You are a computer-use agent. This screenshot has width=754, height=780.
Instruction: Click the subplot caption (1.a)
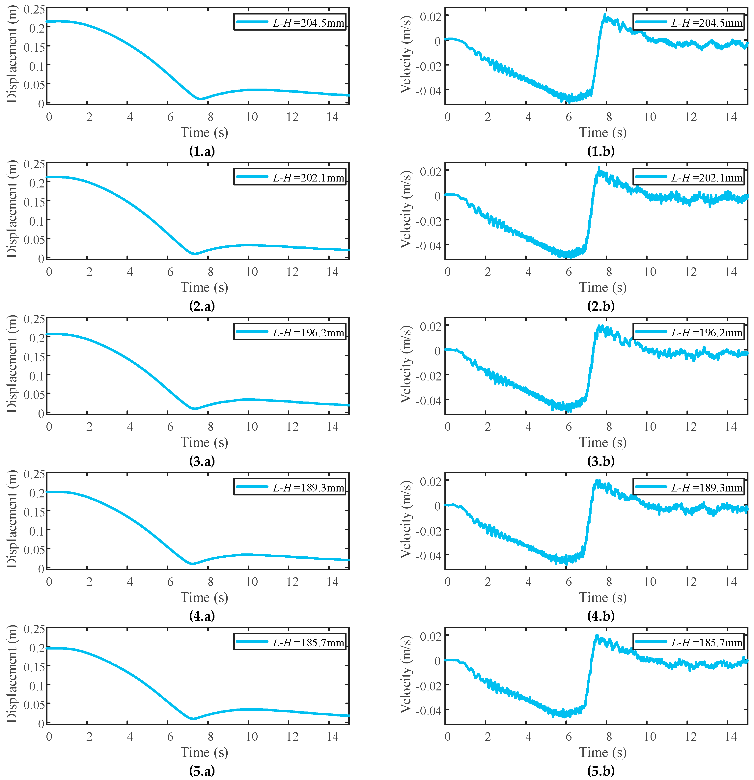(x=202, y=151)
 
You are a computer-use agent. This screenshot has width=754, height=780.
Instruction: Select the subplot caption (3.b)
(x=601, y=461)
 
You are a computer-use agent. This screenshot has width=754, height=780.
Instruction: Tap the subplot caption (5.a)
(x=202, y=771)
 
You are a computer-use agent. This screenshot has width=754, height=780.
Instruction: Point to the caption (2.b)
(x=601, y=306)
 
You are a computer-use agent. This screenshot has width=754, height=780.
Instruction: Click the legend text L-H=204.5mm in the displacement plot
(x=308, y=23)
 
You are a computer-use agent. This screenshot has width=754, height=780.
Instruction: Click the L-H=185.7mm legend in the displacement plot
(x=308, y=642)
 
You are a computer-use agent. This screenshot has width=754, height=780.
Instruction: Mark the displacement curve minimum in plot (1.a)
(x=200, y=98)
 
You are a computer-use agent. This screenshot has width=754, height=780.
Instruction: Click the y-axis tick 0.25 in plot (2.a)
(x=34, y=164)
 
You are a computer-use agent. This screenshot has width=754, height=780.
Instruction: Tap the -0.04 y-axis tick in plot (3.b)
(x=429, y=400)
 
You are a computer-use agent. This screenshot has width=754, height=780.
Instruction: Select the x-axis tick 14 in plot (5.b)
(x=731, y=737)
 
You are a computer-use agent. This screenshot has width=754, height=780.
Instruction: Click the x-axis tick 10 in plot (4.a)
(x=251, y=582)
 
